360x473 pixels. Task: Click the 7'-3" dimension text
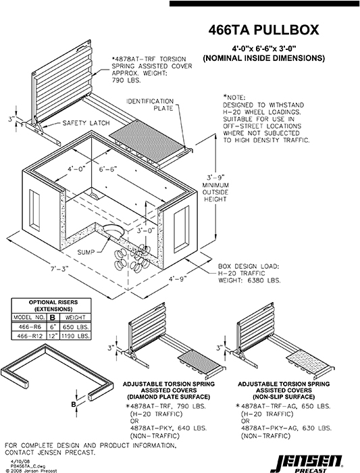pos(59,270)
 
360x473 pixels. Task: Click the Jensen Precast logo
pos(311,460)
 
